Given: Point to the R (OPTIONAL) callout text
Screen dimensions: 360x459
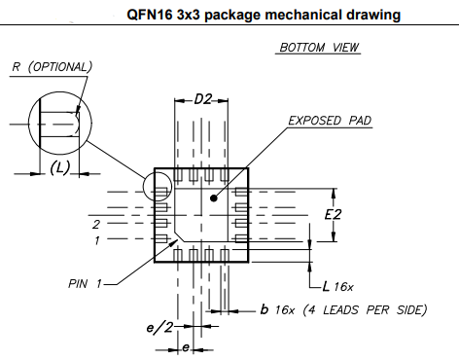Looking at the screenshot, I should pyautogui.click(x=52, y=67).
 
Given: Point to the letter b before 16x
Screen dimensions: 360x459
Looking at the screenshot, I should pyautogui.click(x=265, y=309).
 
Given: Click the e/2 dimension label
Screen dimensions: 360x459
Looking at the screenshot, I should pyautogui.click(x=159, y=329).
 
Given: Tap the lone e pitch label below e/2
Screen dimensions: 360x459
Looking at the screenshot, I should pyautogui.click(x=186, y=347).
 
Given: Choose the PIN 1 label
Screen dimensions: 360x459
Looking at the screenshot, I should pyautogui.click(x=87, y=284).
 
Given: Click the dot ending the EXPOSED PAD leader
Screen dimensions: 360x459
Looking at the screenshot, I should pyautogui.click(x=211, y=197).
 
